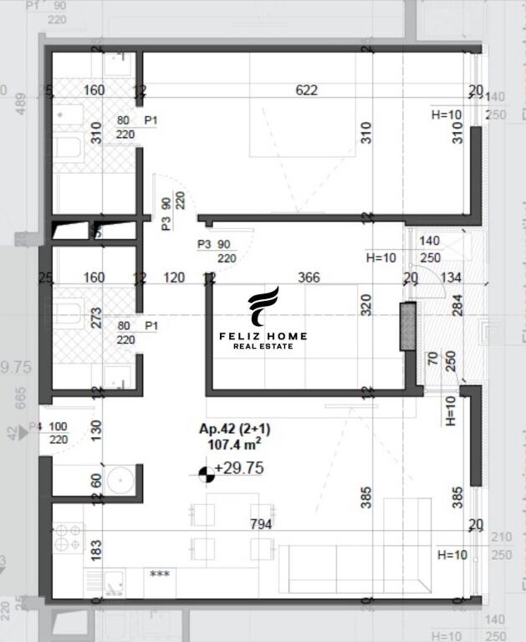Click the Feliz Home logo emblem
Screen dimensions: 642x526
[263, 307]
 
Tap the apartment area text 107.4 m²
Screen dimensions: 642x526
[233, 445]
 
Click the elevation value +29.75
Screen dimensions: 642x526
[239, 469]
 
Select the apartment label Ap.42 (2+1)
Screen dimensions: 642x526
[234, 430]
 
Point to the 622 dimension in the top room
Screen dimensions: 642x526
[307, 89]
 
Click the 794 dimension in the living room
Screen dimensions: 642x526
[261, 524]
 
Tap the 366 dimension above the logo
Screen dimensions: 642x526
[309, 278]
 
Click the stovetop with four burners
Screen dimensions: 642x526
[68, 536]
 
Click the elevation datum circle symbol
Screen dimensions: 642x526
[206, 474]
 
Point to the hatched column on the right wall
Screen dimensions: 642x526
[407, 325]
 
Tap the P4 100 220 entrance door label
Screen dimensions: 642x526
[52, 433]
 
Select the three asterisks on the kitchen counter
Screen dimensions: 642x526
[159, 575]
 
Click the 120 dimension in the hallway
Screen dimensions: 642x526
[173, 278]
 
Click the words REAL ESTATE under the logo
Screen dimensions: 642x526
[263, 346]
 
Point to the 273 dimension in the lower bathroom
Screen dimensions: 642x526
[96, 318]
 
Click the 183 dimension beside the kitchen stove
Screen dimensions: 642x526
[96, 549]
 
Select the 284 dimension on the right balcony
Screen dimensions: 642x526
[457, 307]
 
